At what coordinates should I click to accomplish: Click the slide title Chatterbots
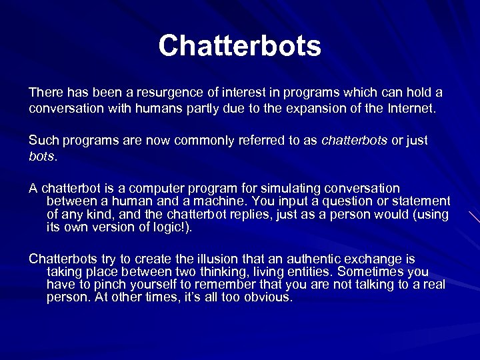click(240, 46)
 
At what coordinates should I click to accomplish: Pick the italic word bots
click(42, 157)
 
